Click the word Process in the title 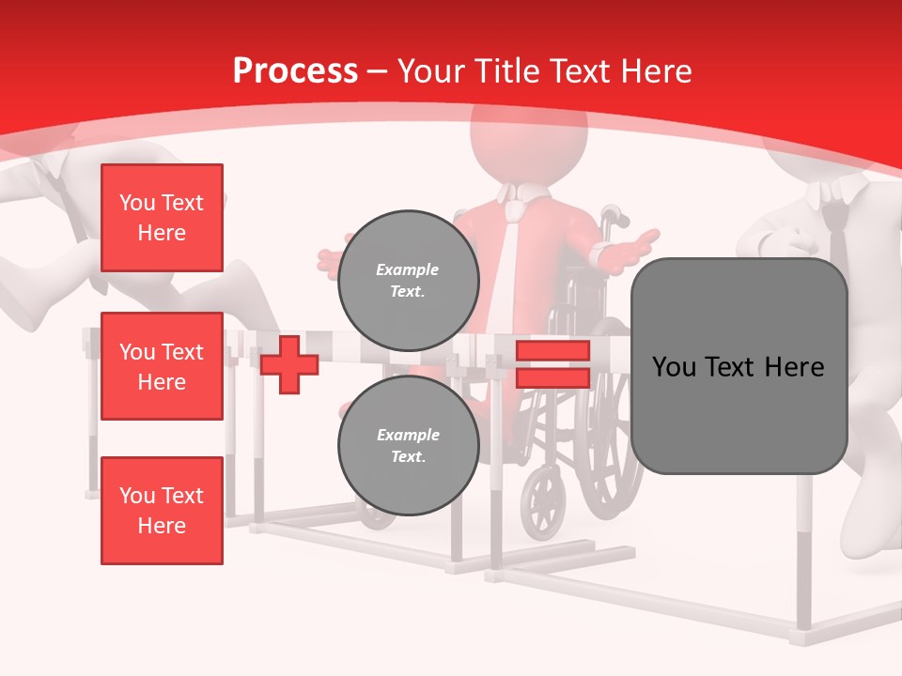tap(295, 70)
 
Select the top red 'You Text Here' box tap(162, 218)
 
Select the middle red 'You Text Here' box tap(162, 366)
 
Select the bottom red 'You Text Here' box tap(162, 510)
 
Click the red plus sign tap(289, 364)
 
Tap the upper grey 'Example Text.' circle tap(408, 280)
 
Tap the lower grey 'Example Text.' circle tap(408, 445)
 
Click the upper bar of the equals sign tap(552, 350)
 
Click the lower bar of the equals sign tap(552, 377)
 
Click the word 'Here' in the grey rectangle tap(794, 366)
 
